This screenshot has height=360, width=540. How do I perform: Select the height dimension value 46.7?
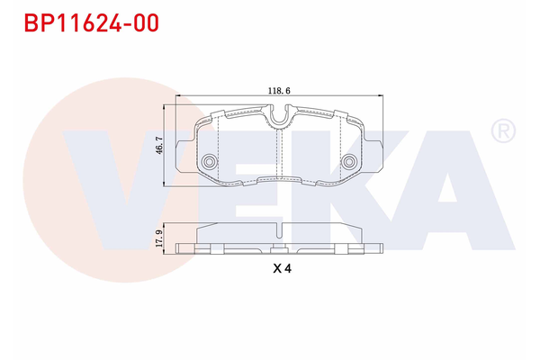(159, 145)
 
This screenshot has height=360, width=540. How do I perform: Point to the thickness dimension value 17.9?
(159, 238)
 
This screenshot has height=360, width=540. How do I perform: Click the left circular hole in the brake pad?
(211, 162)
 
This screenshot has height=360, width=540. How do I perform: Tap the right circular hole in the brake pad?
(349, 162)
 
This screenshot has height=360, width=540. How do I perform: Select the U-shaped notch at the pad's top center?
(281, 115)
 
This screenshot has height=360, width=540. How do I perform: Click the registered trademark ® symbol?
(501, 132)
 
